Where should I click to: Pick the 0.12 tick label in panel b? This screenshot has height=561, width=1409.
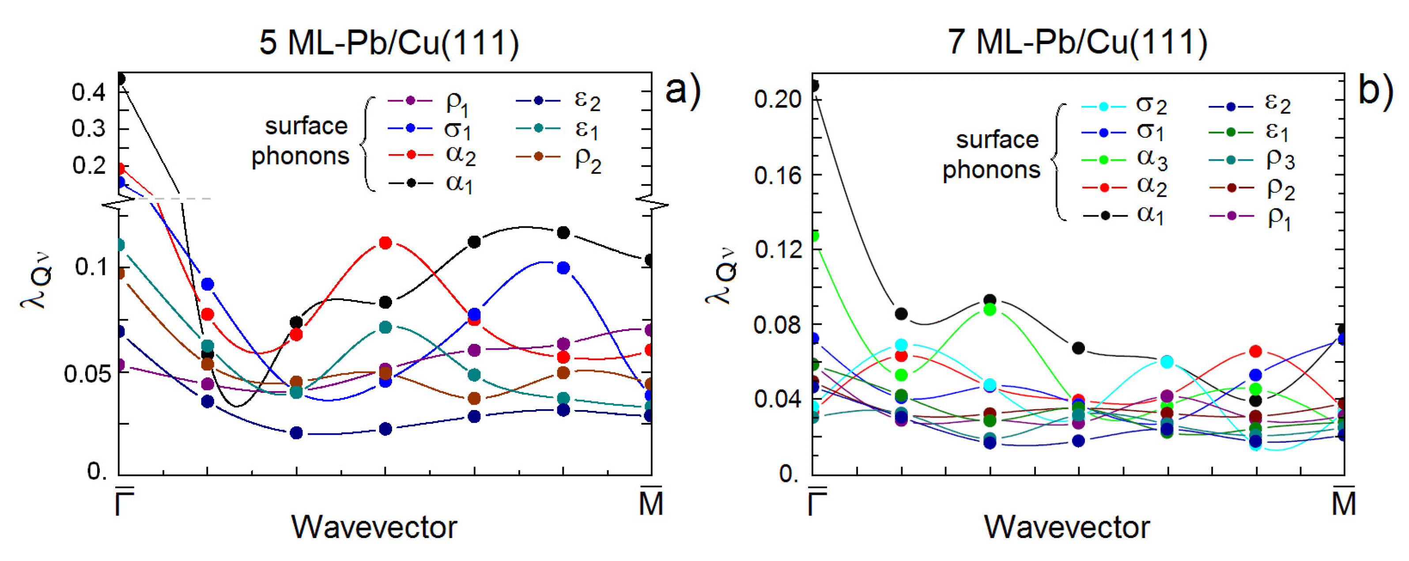click(777, 250)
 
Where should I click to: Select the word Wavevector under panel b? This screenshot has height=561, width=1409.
click(1067, 527)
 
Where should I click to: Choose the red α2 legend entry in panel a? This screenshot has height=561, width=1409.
click(432, 155)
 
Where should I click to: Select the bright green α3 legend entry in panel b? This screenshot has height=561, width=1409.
click(1124, 160)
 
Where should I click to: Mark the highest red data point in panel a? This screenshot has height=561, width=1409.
click(385, 243)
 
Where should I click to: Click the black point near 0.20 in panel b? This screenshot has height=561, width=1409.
click(814, 86)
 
